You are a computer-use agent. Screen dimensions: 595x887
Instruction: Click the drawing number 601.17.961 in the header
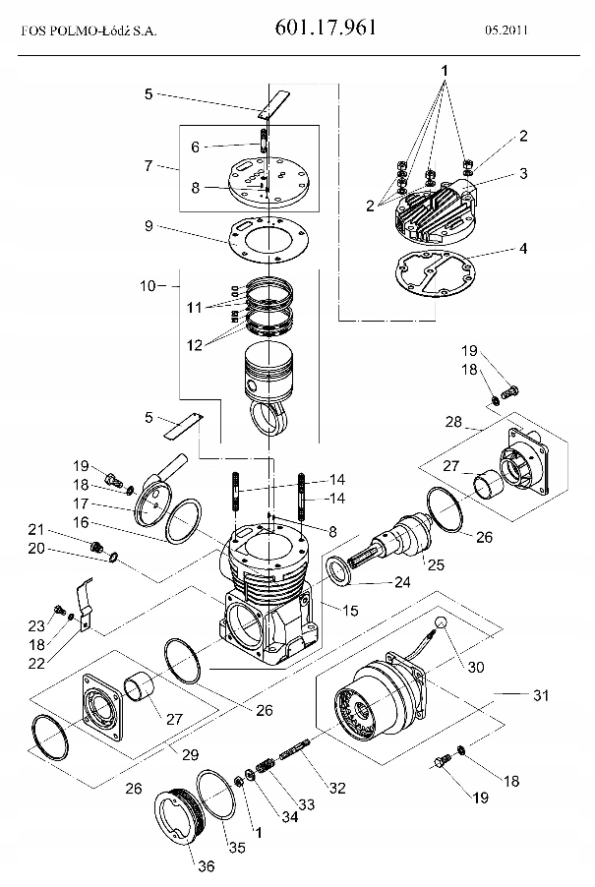click(x=326, y=27)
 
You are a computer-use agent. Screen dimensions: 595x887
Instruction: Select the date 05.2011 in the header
click(x=506, y=30)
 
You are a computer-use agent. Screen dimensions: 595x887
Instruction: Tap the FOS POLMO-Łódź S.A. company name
click(x=89, y=31)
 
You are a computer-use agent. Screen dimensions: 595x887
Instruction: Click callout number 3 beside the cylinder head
click(x=523, y=173)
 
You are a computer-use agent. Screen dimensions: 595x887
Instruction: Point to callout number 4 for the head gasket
click(x=523, y=248)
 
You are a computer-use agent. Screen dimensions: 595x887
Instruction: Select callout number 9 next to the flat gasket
click(x=149, y=226)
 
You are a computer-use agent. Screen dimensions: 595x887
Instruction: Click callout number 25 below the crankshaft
click(x=436, y=564)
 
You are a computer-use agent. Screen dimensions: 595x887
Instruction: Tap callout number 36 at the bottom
click(x=207, y=866)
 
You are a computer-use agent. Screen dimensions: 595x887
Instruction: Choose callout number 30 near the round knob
click(x=476, y=668)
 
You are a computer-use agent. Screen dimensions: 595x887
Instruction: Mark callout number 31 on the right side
click(x=541, y=695)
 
